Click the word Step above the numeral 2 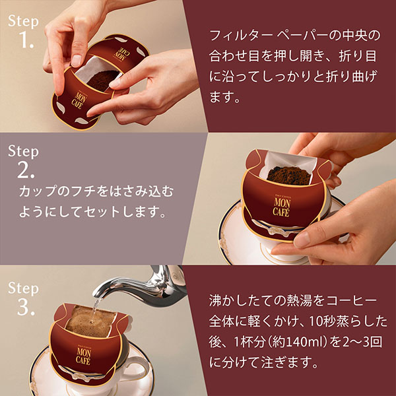(x=24, y=151)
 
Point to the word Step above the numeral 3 (x=24, y=287)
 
